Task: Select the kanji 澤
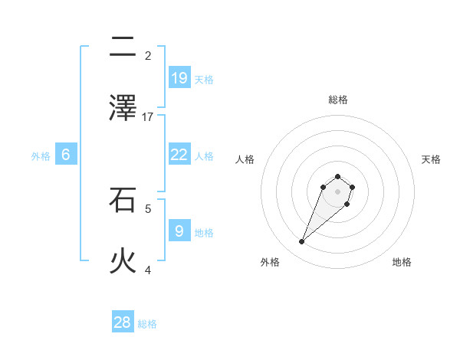click(123, 109)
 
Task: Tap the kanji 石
click(123, 201)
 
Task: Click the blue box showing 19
click(179, 77)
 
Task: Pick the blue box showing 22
click(179, 154)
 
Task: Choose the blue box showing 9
click(179, 231)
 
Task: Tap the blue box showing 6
click(66, 155)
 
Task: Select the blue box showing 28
click(123, 322)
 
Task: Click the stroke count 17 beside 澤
click(148, 116)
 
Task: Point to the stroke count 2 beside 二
click(148, 55)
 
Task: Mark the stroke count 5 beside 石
click(148, 208)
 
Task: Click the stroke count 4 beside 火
click(148, 270)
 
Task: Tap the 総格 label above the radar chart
click(337, 100)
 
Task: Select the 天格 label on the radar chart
click(431, 159)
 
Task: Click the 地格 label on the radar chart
click(402, 262)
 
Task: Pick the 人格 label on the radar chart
click(245, 159)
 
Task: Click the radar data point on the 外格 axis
click(302, 242)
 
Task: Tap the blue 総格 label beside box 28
click(147, 324)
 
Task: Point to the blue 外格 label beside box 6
click(41, 156)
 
